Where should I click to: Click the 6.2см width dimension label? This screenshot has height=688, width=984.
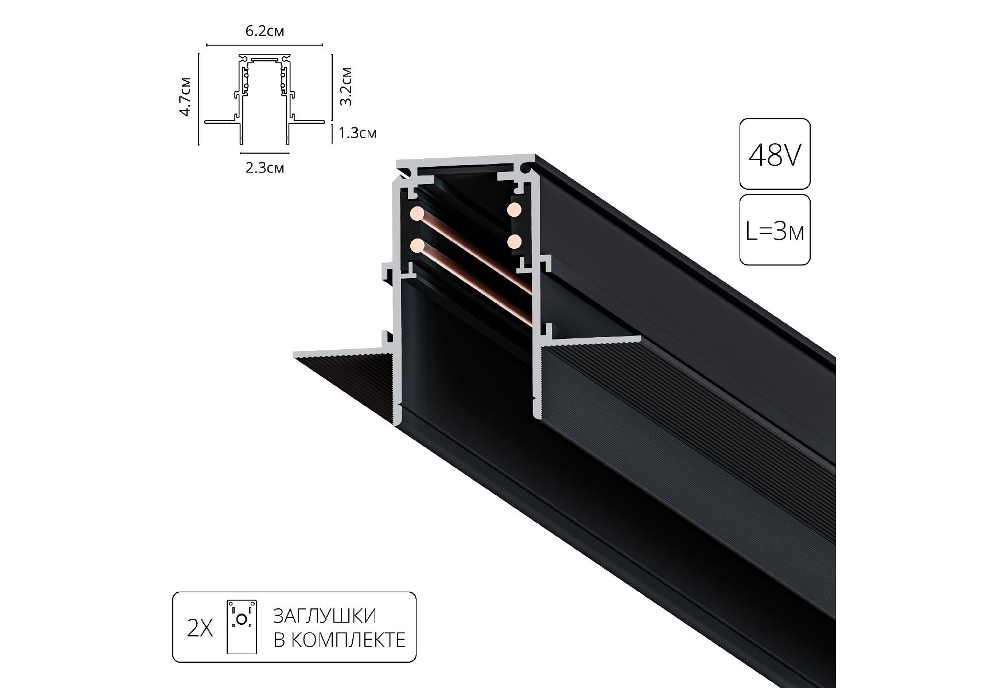pyautogui.click(x=265, y=31)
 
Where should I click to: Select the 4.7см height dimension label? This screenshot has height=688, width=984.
pyautogui.click(x=185, y=96)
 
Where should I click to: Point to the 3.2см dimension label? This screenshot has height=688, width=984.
pyautogui.click(x=345, y=87)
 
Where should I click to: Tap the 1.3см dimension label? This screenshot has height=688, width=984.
pyautogui.click(x=357, y=134)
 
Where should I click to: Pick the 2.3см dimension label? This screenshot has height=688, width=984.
pyautogui.click(x=265, y=168)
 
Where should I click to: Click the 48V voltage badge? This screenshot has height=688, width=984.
pyautogui.click(x=775, y=154)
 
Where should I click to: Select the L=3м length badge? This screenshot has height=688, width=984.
pyautogui.click(x=775, y=230)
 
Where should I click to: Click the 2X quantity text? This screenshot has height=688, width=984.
pyautogui.click(x=200, y=630)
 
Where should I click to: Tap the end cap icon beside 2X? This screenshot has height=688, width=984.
pyautogui.click(x=242, y=627)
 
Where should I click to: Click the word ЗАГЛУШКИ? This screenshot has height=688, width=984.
pyautogui.click(x=325, y=616)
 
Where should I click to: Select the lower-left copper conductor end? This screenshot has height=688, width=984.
pyautogui.click(x=418, y=247)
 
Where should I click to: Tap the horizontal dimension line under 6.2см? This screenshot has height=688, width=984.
pyautogui.click(x=265, y=44)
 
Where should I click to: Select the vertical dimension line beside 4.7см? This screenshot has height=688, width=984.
pyautogui.click(x=198, y=99)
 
